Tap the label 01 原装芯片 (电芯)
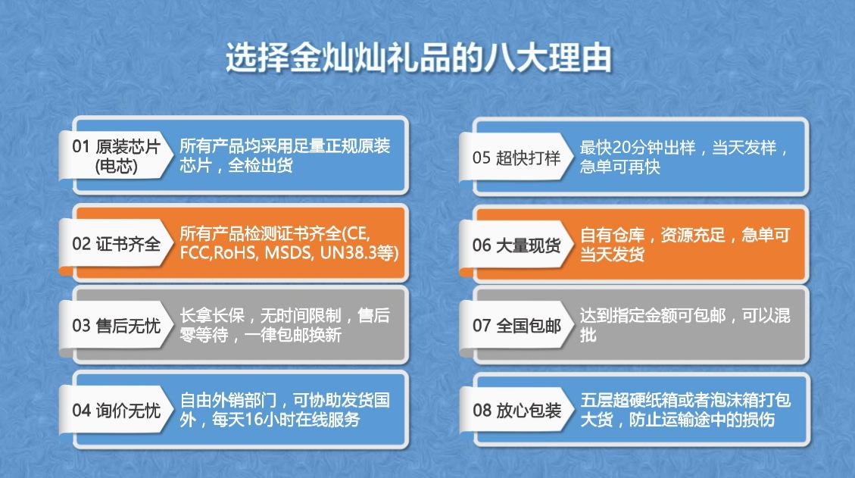pyautogui.click(x=116, y=155)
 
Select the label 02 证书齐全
pyautogui.click(x=116, y=244)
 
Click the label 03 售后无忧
pyautogui.click(x=116, y=326)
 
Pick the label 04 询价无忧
pyautogui.click(x=116, y=411)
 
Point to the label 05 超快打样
pyautogui.click(x=516, y=158)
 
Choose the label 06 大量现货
pyautogui.click(x=516, y=245)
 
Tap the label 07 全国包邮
pyautogui.click(x=516, y=326)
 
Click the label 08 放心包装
pyautogui.click(x=516, y=411)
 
